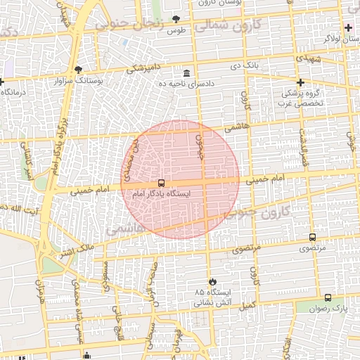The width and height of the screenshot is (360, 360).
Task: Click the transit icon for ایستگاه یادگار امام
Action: pyautogui.click(x=162, y=184)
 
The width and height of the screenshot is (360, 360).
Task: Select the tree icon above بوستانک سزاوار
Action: pyautogui.click(x=77, y=70)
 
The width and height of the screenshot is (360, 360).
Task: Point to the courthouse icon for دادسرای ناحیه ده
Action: pyautogui.click(x=186, y=74)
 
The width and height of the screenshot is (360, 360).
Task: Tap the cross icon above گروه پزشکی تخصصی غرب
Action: pyautogui.click(x=300, y=82)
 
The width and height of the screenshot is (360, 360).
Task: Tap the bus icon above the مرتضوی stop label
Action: pyautogui.click(x=312, y=238)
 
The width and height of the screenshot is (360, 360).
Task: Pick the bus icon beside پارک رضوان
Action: pyautogui.click(x=328, y=297)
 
